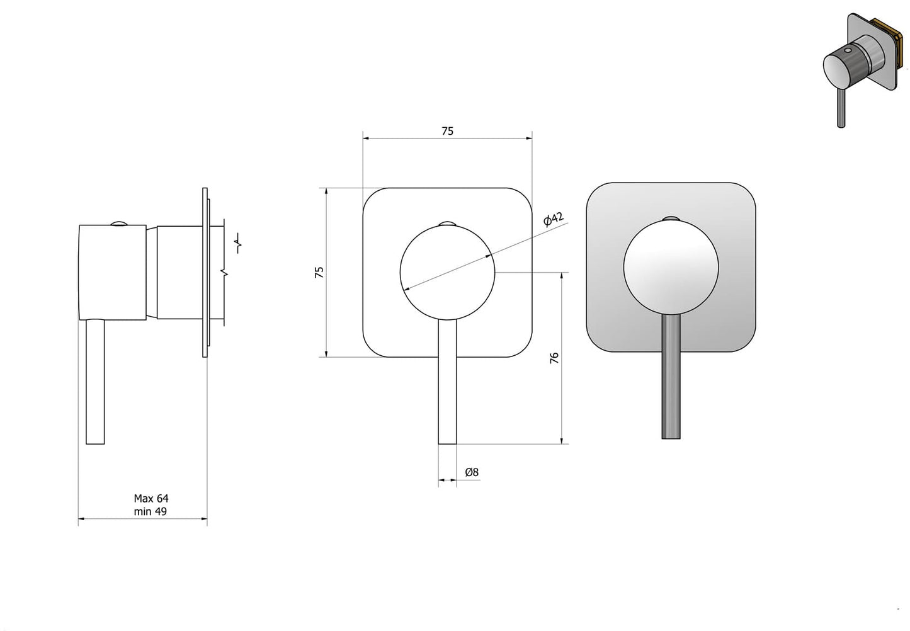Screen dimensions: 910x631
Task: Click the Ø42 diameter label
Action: coord(554,219)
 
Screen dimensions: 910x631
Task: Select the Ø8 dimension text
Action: coord(472,472)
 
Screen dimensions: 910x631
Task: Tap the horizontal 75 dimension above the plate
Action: coord(447,131)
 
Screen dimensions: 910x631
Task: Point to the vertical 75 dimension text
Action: coord(320,272)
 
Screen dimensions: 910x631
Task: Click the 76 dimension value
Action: coord(554,358)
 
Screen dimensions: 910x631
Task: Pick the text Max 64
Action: coord(151,498)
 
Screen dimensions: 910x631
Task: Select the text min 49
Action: coord(151,511)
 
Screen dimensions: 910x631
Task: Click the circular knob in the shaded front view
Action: coord(671,267)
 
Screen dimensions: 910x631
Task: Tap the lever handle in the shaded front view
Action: coord(671,377)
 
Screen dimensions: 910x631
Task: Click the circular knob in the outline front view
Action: coord(447,272)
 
